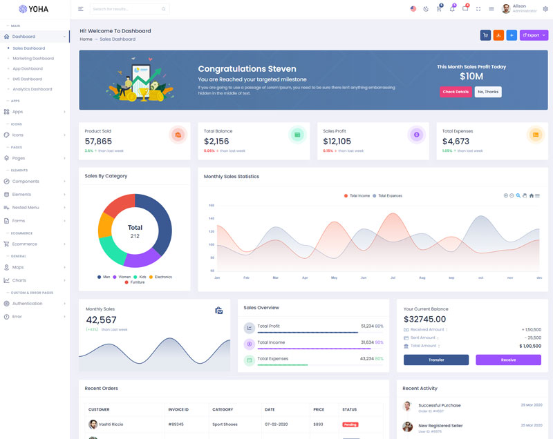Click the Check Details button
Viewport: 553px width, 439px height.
coord(456,92)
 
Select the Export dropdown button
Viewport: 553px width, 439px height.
coord(534,35)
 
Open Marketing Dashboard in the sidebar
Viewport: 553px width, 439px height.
coord(33,59)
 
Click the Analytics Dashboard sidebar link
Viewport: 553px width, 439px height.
coord(32,89)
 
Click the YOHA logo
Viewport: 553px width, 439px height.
coord(34,9)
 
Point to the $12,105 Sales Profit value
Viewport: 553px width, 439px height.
coord(337,142)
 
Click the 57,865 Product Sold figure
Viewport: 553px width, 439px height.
coord(98,142)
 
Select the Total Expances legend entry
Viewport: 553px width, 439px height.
coord(389,196)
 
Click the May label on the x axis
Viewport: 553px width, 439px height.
coord(334,277)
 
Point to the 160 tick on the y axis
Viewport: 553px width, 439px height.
coord(212,205)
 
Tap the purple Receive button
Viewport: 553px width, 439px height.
coord(508,360)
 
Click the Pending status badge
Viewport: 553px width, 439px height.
coord(350,425)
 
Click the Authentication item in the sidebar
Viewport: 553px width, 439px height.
coord(28,304)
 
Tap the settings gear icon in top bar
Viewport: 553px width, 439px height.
coord(545,9)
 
